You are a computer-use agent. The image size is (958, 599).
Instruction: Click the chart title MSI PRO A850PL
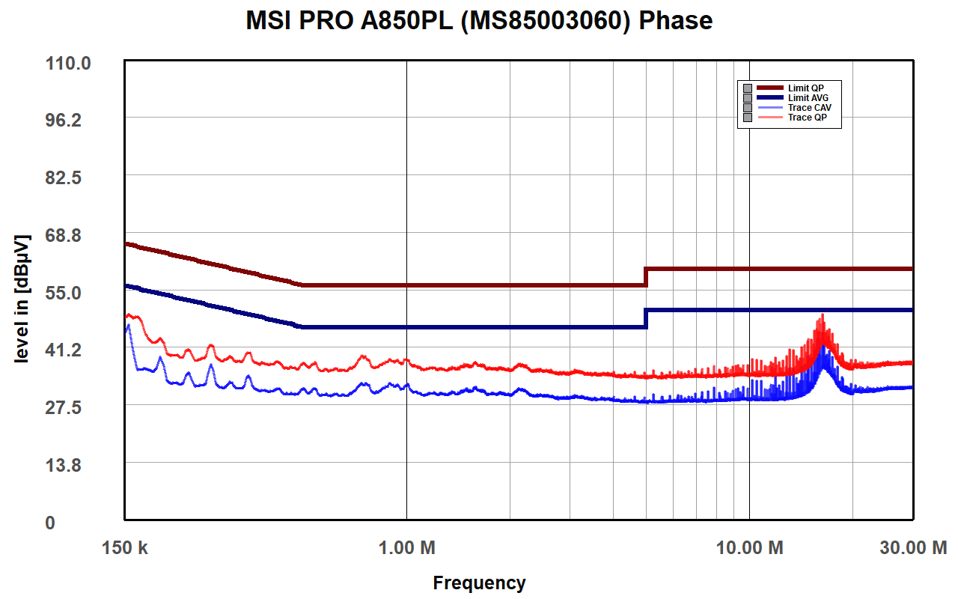[x=479, y=21]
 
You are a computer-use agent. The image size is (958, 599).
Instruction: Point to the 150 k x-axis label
[x=124, y=548]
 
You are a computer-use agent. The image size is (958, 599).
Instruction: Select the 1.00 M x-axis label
[x=407, y=548]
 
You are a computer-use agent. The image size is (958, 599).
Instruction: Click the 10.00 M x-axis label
[x=750, y=548]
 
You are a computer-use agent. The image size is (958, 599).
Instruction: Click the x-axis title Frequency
[x=479, y=583]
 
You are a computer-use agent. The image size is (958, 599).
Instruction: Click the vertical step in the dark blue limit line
[x=646, y=318]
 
